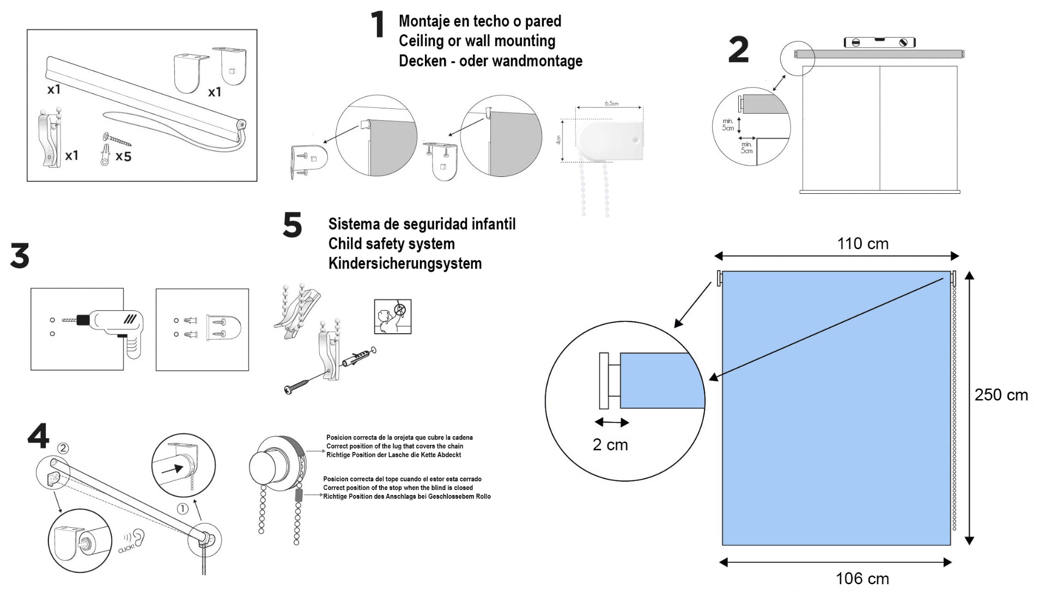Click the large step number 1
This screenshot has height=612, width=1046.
[x=378, y=25]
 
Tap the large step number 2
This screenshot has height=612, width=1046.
[x=738, y=50]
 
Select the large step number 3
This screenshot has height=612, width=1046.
[x=20, y=256]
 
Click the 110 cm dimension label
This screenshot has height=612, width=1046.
[x=862, y=243]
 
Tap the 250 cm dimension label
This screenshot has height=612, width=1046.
[x=1001, y=395]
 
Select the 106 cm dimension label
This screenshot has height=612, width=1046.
[x=862, y=578]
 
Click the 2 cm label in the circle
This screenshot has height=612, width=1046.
[x=610, y=445]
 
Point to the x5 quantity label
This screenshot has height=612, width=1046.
[x=123, y=157]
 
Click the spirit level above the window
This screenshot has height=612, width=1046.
[x=879, y=42]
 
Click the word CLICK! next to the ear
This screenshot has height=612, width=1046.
[x=126, y=546]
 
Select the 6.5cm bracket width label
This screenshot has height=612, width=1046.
[x=611, y=103]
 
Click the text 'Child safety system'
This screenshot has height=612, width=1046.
[x=391, y=244]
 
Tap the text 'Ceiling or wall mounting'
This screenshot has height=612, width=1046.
[x=477, y=41]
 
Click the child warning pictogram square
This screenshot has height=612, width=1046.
[x=392, y=316]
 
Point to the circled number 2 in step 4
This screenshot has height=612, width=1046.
[x=63, y=448]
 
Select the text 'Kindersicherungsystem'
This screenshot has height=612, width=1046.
[x=405, y=264]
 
